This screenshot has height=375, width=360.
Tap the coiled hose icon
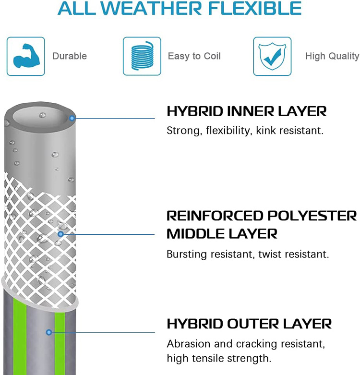(142, 56)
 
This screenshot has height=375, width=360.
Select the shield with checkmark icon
(272, 56)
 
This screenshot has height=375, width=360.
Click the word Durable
(70, 56)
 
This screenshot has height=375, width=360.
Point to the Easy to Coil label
(194, 56)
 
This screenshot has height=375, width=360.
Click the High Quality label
(332, 56)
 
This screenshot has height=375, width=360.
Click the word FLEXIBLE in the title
(254, 8)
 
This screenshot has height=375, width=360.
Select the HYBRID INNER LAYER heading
(247, 111)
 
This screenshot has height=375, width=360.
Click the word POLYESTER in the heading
(312, 216)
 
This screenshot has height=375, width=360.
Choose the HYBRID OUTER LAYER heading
(249, 324)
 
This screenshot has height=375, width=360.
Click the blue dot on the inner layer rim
(72, 118)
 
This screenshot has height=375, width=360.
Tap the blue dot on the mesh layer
(60, 234)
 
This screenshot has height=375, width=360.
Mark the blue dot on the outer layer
(49, 332)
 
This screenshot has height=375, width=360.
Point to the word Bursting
(186, 254)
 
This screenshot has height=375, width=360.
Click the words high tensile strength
(219, 358)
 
